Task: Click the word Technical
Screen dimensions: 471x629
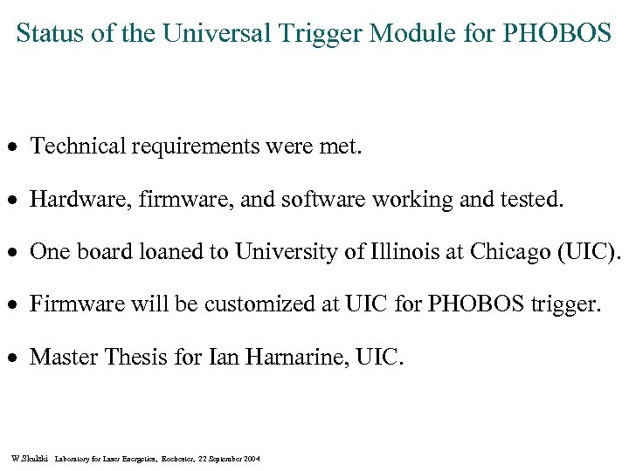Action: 78,147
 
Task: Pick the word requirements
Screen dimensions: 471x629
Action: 197,147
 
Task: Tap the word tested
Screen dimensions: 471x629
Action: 532,200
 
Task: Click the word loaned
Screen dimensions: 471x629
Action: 184,252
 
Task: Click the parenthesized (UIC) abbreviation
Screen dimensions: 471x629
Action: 591,252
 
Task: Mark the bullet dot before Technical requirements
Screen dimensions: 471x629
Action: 15,147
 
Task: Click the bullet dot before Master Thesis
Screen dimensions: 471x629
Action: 15,358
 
